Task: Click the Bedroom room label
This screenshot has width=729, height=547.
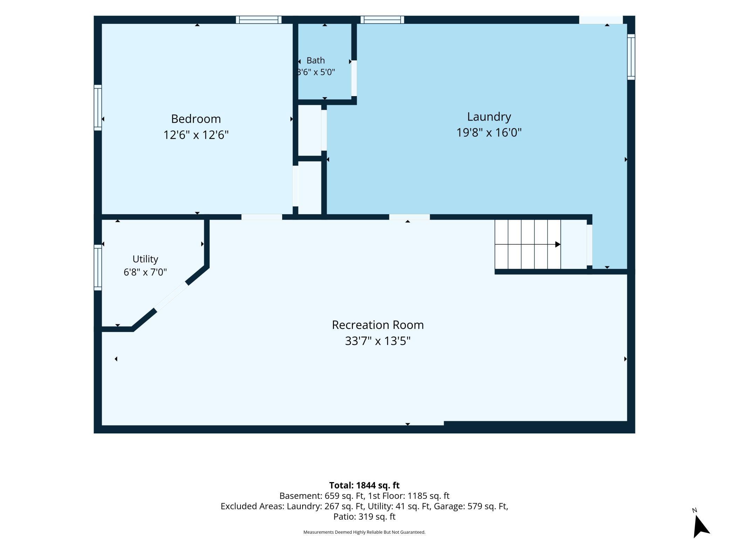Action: tap(196, 119)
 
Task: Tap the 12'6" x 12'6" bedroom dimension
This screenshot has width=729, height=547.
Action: tap(196, 135)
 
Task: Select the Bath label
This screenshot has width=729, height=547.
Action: tap(315, 60)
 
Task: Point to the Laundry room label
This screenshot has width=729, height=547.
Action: tap(489, 117)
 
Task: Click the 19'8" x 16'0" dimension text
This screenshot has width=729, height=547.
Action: tap(489, 133)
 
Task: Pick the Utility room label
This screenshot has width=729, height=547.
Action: tap(145, 259)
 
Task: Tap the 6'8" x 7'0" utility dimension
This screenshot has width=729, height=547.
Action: tap(145, 272)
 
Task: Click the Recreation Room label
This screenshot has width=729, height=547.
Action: tap(378, 325)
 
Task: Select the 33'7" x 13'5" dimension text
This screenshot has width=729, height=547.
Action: tap(378, 341)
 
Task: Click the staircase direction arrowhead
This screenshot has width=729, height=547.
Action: tap(558, 244)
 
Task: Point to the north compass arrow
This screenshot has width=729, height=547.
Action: tap(701, 526)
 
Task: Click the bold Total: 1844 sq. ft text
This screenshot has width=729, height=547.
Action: tap(364, 485)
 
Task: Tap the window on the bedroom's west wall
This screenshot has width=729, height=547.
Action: tap(98, 108)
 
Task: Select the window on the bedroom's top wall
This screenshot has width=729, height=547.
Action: tap(259, 20)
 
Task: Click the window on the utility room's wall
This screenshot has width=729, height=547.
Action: tap(98, 268)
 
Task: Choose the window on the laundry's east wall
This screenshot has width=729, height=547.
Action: tap(631, 57)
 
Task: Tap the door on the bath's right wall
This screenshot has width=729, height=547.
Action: tap(354, 78)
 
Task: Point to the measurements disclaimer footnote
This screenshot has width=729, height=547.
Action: tap(364, 532)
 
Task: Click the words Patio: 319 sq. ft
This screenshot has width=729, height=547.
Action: tap(364, 516)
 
